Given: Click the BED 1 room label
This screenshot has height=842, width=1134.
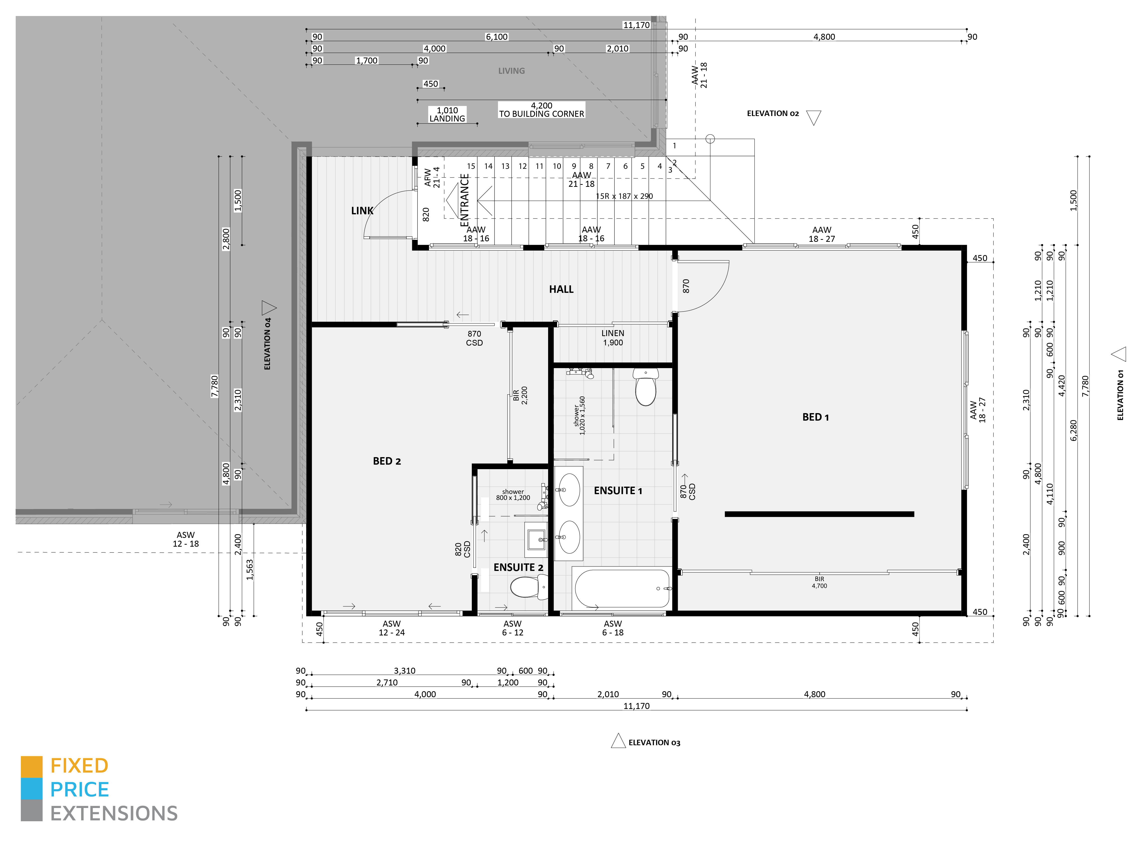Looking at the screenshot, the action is pyautogui.click(x=815, y=417).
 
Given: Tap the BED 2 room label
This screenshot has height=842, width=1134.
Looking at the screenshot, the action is pyautogui.click(x=387, y=461).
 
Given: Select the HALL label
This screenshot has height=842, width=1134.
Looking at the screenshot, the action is pyautogui.click(x=561, y=289).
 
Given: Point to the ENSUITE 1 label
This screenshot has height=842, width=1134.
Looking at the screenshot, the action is pyautogui.click(x=618, y=490).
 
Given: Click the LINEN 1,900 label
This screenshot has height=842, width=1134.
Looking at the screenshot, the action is pyautogui.click(x=613, y=337).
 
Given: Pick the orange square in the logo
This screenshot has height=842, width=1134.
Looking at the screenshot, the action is pyautogui.click(x=32, y=767).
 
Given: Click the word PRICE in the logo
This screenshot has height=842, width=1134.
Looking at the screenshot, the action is pyautogui.click(x=80, y=789).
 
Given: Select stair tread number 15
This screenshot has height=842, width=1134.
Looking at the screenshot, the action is pyautogui.click(x=471, y=166).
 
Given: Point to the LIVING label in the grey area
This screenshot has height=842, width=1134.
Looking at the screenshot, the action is pyautogui.click(x=511, y=71).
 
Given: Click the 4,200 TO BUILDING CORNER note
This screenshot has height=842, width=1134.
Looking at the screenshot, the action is pyautogui.click(x=541, y=110).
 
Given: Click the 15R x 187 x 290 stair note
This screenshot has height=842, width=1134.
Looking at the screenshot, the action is pyautogui.click(x=624, y=196).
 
